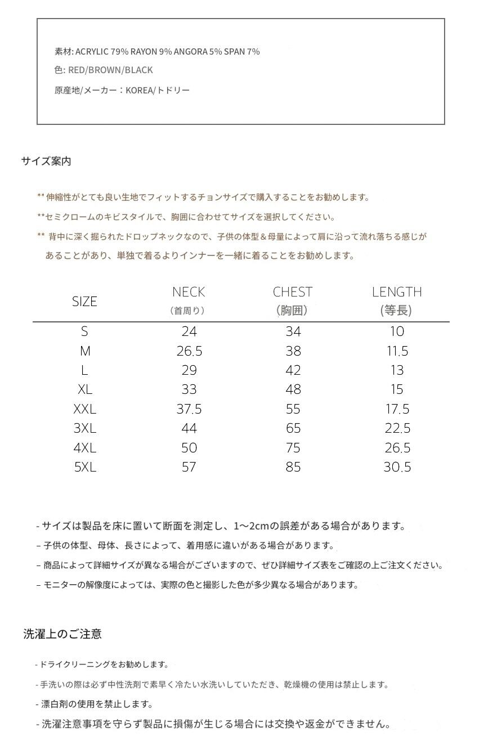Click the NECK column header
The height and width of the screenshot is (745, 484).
tap(189, 292)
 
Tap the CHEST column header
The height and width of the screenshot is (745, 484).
tap(293, 292)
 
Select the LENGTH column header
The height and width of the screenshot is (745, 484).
tap(397, 292)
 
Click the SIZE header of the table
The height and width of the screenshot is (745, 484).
tap(84, 302)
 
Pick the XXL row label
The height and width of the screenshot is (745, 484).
tap(85, 409)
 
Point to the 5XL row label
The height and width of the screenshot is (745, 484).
tap(85, 467)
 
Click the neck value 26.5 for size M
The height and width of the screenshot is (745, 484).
tap(189, 352)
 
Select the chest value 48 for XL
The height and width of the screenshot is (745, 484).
tap(293, 389)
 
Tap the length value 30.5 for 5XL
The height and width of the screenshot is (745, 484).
tap(397, 467)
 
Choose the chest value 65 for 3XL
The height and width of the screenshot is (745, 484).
tap(293, 428)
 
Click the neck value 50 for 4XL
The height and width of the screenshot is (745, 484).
tap(189, 448)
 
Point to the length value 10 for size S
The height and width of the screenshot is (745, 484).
tap(397, 331)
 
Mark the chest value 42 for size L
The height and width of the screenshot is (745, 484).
tap(293, 370)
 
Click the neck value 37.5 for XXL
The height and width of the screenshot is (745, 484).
tap(189, 409)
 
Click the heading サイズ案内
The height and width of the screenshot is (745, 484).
tap(46, 161)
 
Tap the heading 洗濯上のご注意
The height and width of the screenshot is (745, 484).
tap(62, 634)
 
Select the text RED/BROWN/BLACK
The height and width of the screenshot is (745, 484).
tap(110, 70)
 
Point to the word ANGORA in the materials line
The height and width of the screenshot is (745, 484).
tap(191, 52)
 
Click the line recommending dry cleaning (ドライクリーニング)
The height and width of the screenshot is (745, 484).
tap(104, 665)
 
